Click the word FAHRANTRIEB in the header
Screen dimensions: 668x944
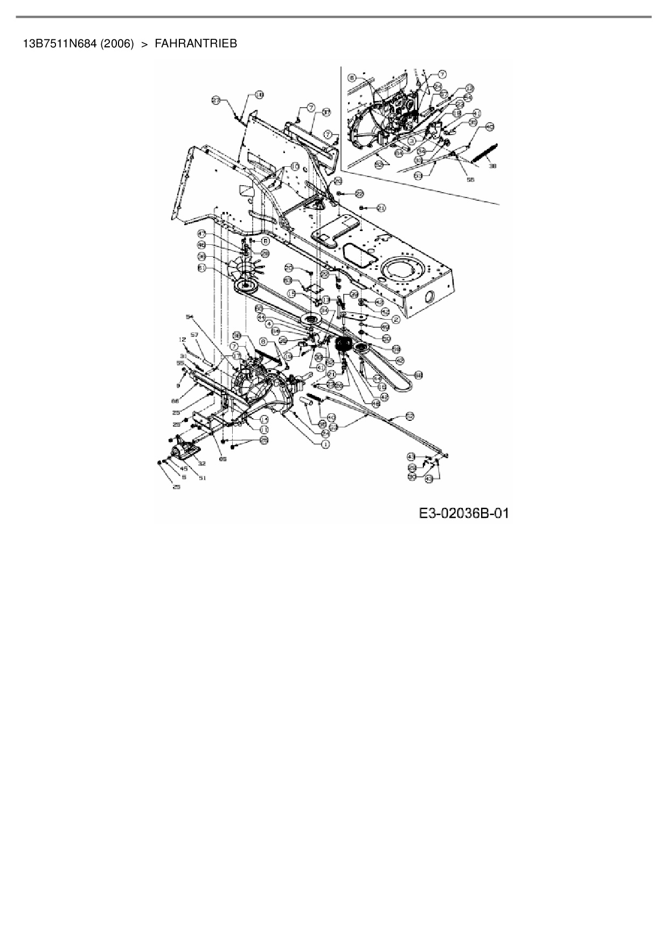click(196, 44)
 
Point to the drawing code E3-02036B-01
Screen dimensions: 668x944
click(464, 513)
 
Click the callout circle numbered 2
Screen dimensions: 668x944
click(396, 319)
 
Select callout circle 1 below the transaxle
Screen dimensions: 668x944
click(325, 445)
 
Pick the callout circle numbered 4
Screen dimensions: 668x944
click(269, 323)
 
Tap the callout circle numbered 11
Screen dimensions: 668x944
click(265, 429)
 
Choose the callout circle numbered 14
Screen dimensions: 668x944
click(265, 419)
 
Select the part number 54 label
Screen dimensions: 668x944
click(189, 318)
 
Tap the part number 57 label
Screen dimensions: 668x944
click(195, 335)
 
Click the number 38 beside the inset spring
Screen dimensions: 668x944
click(492, 167)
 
